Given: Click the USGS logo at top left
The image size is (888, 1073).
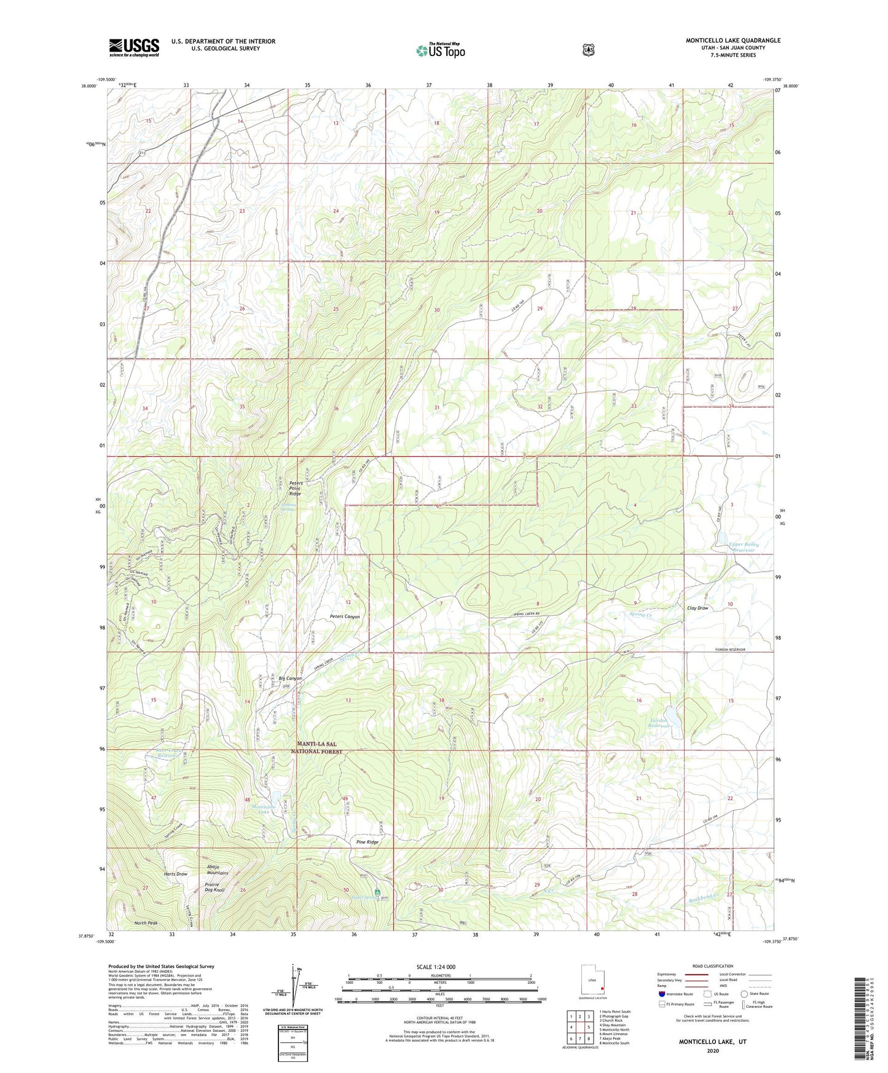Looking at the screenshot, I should (134, 47).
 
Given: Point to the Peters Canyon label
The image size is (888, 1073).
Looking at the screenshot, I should (345, 616).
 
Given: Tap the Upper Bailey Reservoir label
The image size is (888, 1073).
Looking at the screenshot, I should (743, 547).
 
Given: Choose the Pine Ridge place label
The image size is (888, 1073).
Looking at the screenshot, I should (367, 842).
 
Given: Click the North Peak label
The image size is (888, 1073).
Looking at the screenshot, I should (147, 923).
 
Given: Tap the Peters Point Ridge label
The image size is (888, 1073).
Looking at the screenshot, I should (296, 489).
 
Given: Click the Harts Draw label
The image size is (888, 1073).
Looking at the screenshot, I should (175, 873).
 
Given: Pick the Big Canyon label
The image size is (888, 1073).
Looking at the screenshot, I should (290, 678).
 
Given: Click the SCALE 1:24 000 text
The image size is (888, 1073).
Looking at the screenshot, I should (436, 967).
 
